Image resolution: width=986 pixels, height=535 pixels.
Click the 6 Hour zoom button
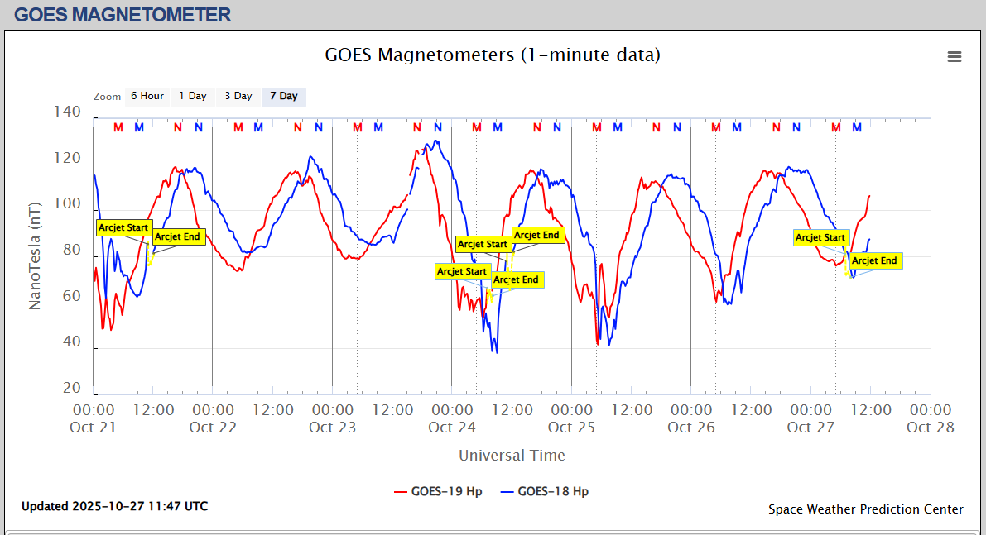pos(147,96)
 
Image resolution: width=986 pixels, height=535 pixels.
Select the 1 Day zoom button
pos(193,96)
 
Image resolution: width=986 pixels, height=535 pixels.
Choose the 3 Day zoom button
pos(238,96)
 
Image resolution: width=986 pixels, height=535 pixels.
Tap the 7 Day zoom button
pos(284,96)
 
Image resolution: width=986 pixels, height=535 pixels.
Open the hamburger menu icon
pos(955,56)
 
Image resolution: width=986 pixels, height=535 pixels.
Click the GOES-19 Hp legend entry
pos(438,491)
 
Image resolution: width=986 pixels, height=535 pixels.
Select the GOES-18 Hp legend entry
pos(545,491)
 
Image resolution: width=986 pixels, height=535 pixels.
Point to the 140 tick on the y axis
pos(67,112)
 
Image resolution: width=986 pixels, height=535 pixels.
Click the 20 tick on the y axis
pos(72,389)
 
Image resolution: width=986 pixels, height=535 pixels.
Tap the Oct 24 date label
pos(452,428)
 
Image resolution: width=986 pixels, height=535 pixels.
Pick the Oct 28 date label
pos(931,428)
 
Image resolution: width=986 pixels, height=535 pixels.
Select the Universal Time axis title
pos(512,456)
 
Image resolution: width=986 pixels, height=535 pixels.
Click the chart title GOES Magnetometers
pos(493,55)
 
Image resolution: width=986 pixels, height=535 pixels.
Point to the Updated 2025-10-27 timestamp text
pos(114,506)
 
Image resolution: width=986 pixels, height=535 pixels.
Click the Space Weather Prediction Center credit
pos(865,509)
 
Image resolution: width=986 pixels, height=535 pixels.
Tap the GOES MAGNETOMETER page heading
pos(123,14)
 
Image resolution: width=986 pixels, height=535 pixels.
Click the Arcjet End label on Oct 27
pos(874,260)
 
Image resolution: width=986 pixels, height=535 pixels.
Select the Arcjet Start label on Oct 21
pos(124,227)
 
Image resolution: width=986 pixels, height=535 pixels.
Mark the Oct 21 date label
pos(94,428)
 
